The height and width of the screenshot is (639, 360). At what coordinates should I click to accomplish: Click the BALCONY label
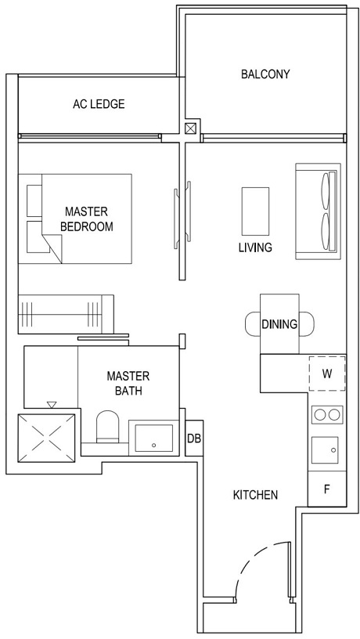coord(265,74)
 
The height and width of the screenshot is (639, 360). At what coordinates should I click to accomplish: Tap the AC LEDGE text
coord(99,104)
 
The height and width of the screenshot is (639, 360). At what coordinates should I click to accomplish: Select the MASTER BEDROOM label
coord(86,219)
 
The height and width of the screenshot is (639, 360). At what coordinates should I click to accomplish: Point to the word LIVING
coord(255,247)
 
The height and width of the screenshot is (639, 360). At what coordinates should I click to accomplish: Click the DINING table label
coord(279,324)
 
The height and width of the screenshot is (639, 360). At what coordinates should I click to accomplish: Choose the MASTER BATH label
coord(128,383)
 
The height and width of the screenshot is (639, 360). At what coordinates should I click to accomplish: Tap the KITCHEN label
coord(255,495)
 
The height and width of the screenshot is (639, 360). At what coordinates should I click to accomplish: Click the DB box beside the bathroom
coord(194,439)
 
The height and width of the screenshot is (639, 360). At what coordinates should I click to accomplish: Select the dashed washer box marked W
coord(326,374)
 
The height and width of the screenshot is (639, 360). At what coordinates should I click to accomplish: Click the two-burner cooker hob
coord(326,414)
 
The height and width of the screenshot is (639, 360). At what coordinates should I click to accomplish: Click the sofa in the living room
coord(318,211)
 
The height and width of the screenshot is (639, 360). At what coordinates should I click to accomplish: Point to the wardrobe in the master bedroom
coord(67,314)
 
